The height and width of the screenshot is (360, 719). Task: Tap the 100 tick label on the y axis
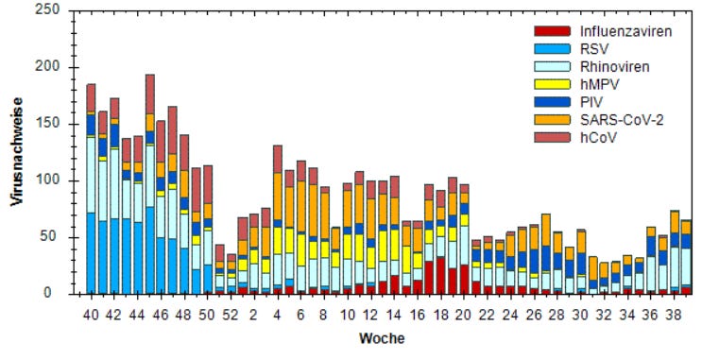(x=49, y=180)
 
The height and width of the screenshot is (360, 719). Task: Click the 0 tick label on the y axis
(x=56, y=294)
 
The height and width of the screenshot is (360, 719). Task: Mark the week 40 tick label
(x=91, y=314)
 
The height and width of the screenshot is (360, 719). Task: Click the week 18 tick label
(x=441, y=314)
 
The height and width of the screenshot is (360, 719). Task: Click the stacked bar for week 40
(x=91, y=189)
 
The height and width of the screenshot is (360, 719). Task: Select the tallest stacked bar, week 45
(x=149, y=184)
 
